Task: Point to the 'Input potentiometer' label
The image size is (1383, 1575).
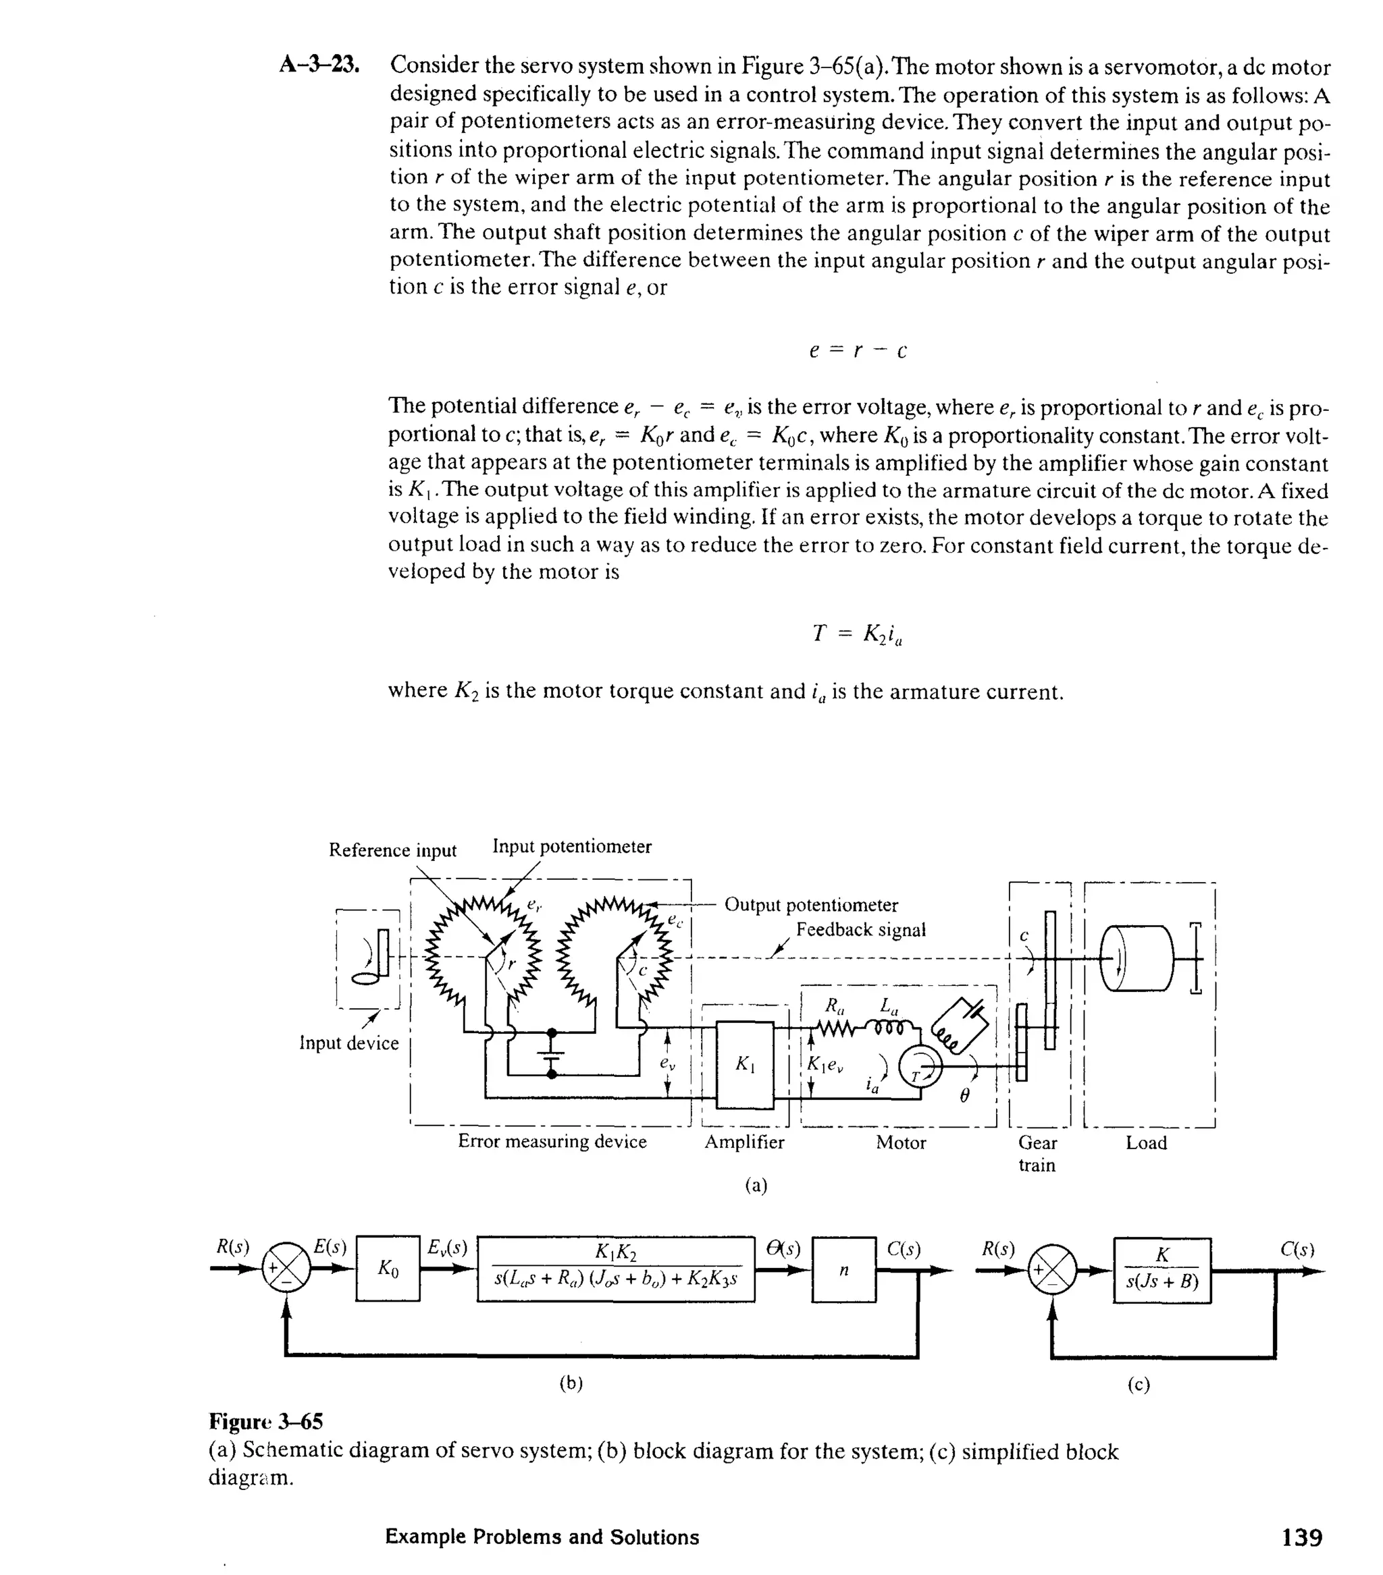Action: [x=571, y=847]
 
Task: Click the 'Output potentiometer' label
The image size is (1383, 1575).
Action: [x=811, y=905]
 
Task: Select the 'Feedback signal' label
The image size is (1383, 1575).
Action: [x=860, y=930]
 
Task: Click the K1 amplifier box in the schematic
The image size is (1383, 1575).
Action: [x=745, y=1064]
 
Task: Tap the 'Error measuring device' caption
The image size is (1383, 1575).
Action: [x=552, y=1141]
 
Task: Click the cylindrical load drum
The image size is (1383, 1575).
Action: [x=1137, y=958]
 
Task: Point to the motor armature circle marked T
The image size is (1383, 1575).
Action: [x=921, y=1066]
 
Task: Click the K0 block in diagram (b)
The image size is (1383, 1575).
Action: [x=388, y=1269]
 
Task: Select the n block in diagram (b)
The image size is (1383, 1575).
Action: [x=843, y=1269]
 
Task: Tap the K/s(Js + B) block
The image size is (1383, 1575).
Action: [x=1162, y=1270]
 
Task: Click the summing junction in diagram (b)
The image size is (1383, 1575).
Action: [x=286, y=1270]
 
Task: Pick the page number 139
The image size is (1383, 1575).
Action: [x=1301, y=1537]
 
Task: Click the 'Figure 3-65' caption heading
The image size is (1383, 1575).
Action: [x=266, y=1421]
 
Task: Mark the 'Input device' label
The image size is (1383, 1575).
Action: [x=348, y=1043]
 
